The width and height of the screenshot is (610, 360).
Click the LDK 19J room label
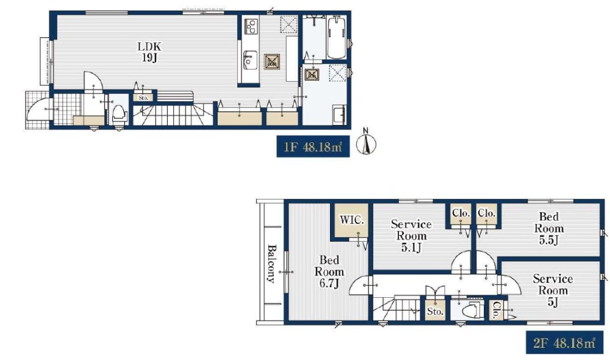149,52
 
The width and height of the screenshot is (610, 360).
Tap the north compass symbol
366,143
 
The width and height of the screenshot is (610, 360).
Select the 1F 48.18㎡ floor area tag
313,146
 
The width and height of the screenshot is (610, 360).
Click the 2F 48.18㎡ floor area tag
564,343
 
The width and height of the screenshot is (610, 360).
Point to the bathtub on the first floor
337,38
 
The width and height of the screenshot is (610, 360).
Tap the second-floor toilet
471,311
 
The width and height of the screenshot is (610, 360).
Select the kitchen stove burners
249,26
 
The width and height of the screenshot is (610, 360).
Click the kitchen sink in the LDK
249,60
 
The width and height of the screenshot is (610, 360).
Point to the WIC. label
352,220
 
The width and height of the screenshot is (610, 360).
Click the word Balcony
271,264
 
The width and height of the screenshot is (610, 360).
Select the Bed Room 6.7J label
329,272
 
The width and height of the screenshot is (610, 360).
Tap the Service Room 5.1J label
411,236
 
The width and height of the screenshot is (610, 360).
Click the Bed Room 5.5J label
548,228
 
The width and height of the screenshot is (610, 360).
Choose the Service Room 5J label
553,290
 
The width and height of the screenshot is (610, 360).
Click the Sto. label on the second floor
435,311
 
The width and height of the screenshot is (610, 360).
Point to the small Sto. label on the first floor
143,98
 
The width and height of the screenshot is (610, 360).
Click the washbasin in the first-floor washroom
339,115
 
